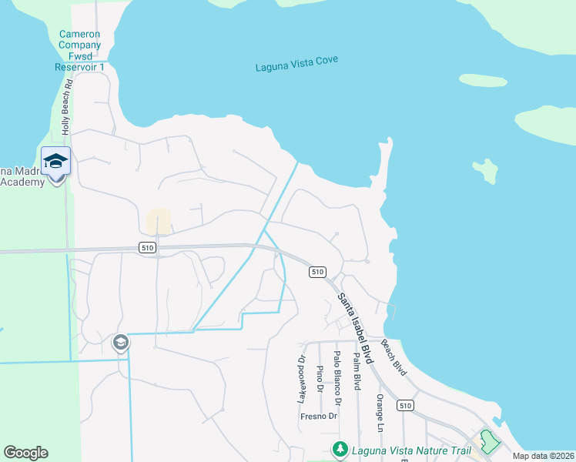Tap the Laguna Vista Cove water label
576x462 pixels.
coord(296,64)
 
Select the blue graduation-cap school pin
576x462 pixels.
coord(55,162)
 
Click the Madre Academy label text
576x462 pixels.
coord(22,176)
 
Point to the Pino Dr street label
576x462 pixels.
coord(320,379)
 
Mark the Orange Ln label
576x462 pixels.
coord(380,412)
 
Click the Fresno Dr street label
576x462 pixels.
coord(319,417)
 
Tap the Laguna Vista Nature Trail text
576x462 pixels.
coord(405,448)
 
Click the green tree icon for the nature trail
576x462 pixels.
coord(339,448)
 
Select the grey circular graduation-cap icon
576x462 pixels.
coord(120,342)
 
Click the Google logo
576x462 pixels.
coord(25,453)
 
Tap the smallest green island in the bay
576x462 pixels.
coord(485,171)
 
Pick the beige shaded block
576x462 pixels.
coord(158,221)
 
